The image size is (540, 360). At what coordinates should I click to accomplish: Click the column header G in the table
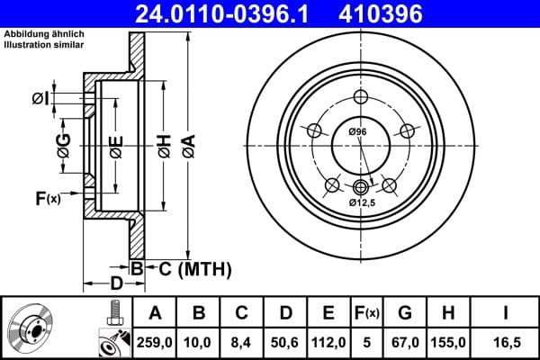[405, 312]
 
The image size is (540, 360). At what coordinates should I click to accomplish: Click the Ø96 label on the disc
[357, 133]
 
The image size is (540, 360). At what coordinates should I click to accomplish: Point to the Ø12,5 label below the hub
[363, 202]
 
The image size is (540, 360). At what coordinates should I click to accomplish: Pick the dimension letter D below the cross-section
[115, 283]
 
